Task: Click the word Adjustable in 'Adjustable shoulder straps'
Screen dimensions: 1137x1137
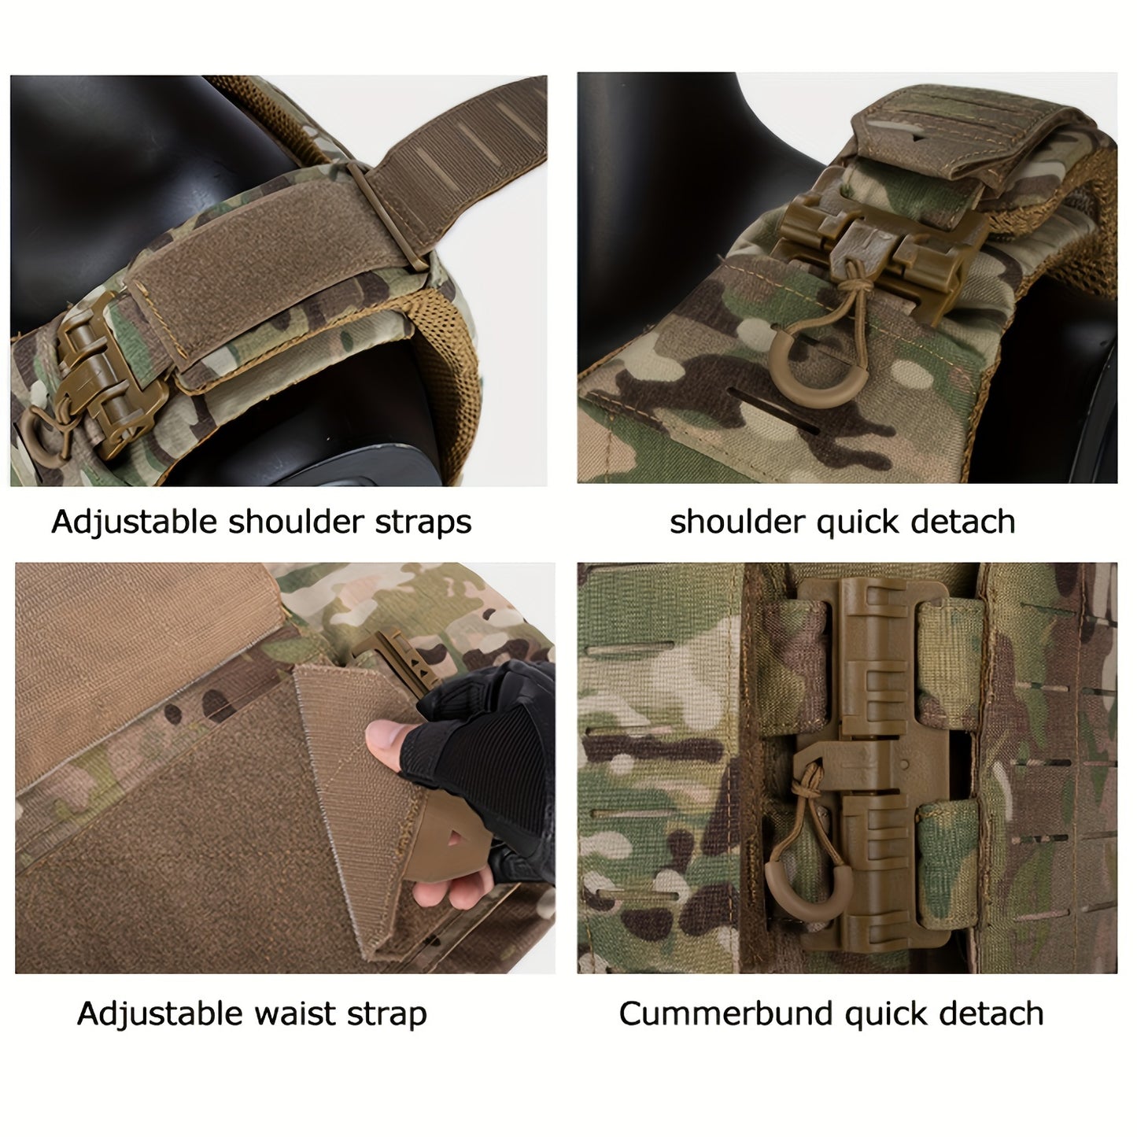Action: click(135, 522)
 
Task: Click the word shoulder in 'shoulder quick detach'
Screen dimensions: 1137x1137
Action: click(737, 522)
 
